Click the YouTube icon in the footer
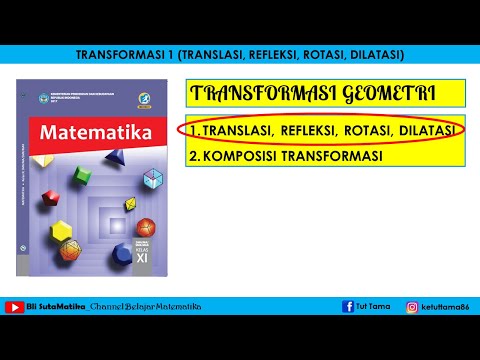15,307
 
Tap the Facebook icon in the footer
348,307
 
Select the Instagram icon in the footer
411,307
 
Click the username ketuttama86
445,307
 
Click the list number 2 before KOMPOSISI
193,156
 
